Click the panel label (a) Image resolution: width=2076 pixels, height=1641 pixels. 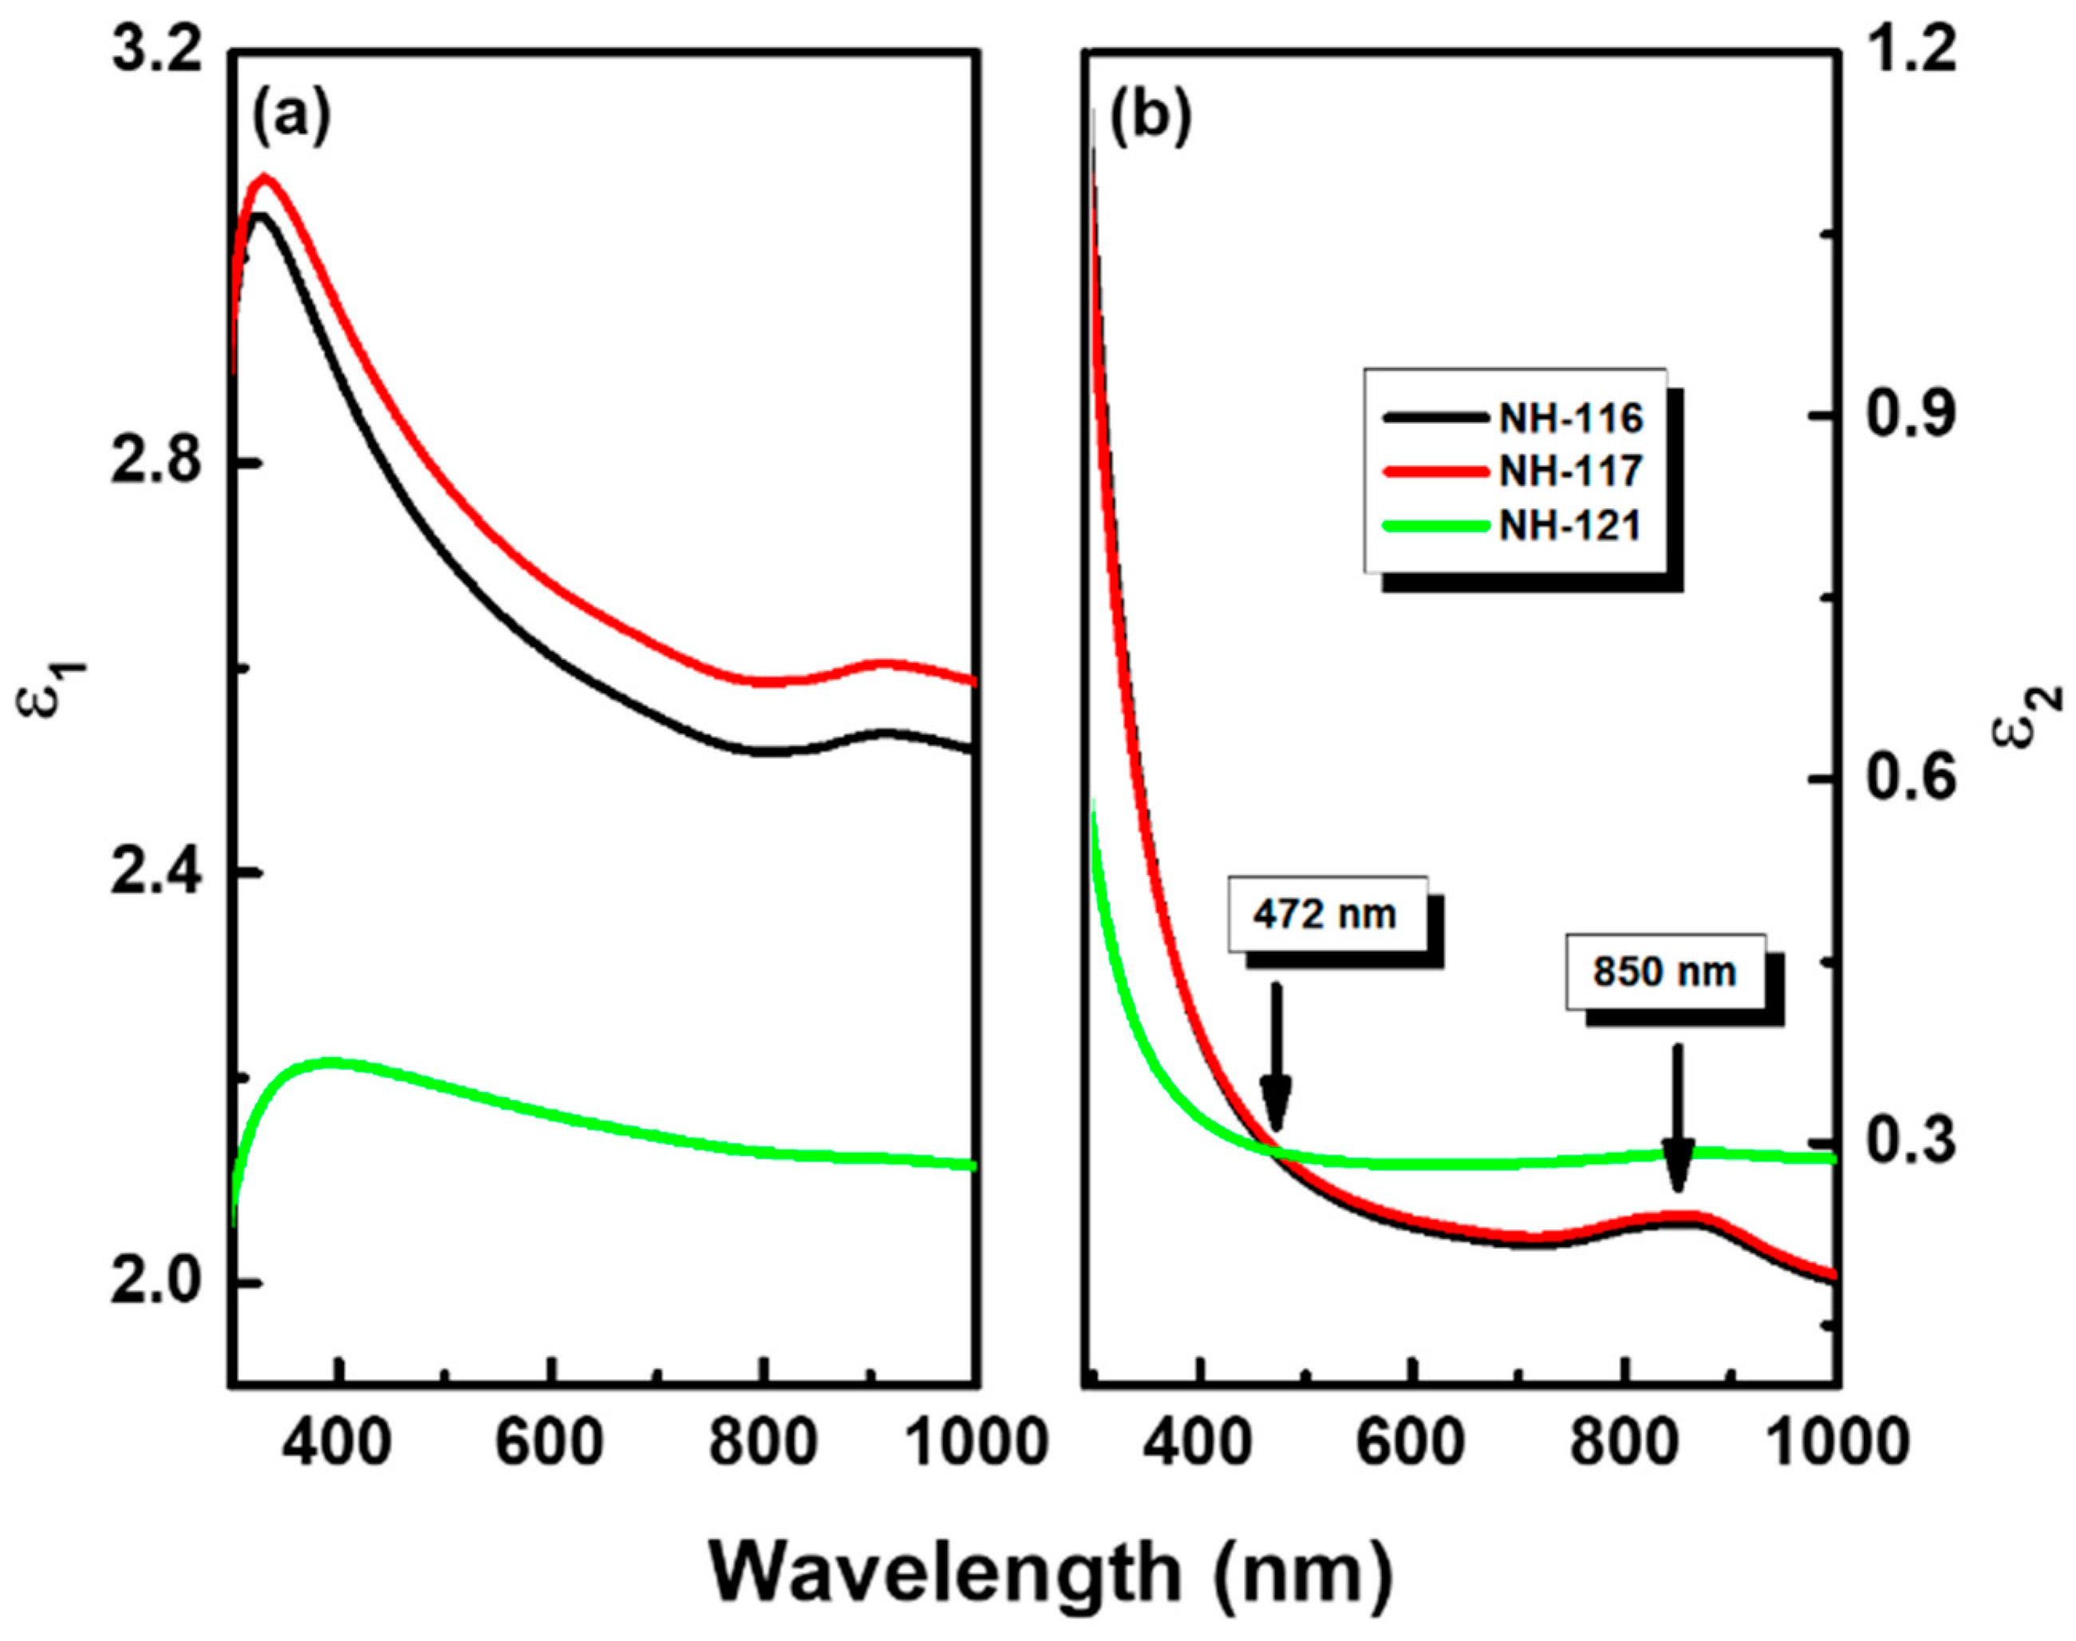point(291,119)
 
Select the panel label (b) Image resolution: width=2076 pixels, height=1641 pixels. point(1150,119)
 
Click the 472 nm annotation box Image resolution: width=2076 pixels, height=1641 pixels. point(1326,913)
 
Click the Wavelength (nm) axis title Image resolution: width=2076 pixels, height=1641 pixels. point(1051,1572)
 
